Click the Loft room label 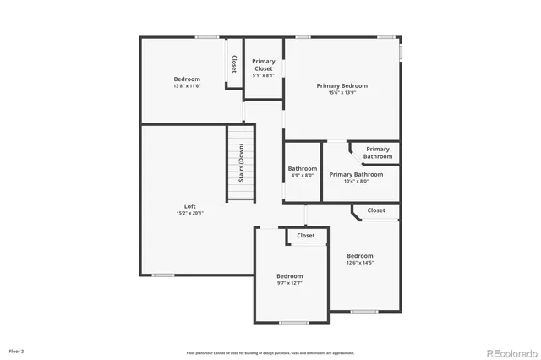pos(190,206)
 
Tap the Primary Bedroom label pos(342,85)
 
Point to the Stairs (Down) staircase pos(241,163)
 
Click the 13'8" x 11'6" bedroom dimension pos(187,85)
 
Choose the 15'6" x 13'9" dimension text pos(342,92)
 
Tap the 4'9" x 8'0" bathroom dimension pos(302,175)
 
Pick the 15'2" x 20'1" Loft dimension pos(190,213)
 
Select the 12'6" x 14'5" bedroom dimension pos(359,263)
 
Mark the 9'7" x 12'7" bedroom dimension pos(289,283)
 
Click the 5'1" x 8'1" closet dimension pos(264,76)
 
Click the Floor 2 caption pos(17,351)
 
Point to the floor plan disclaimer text pos(270,352)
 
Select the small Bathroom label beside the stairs pos(302,168)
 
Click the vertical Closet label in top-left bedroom pos(234,65)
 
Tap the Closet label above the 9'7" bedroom pos(305,236)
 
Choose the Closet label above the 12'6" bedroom pos(376,210)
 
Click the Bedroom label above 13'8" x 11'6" pos(187,79)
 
